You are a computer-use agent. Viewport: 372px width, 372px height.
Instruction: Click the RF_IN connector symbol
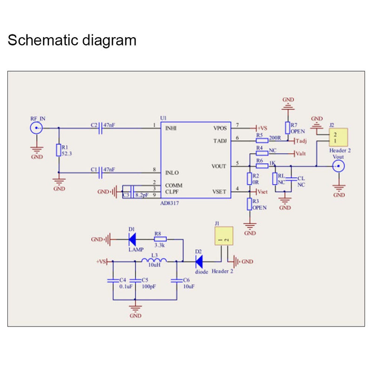pyautogui.click(x=37, y=128)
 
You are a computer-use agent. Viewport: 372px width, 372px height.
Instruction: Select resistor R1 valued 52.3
pyautogui.click(x=59, y=150)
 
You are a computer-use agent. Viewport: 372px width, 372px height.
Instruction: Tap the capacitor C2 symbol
pyautogui.click(x=100, y=128)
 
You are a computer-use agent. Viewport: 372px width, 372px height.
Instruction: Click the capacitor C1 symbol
pyautogui.click(x=100, y=173)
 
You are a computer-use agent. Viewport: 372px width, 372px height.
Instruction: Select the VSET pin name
pyautogui.click(x=219, y=192)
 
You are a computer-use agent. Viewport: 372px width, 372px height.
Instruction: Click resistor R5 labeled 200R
pyautogui.click(x=262, y=139)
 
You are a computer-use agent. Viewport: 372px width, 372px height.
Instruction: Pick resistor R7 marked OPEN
pyautogui.click(x=288, y=128)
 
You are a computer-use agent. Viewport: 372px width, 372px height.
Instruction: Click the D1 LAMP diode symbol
pyautogui.click(x=132, y=239)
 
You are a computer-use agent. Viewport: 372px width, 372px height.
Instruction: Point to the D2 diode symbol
pyautogui.click(x=199, y=261)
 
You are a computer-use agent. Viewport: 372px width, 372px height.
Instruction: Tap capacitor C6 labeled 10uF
pyautogui.click(x=177, y=280)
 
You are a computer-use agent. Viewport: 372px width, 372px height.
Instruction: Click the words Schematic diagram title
pyautogui.click(x=72, y=40)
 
